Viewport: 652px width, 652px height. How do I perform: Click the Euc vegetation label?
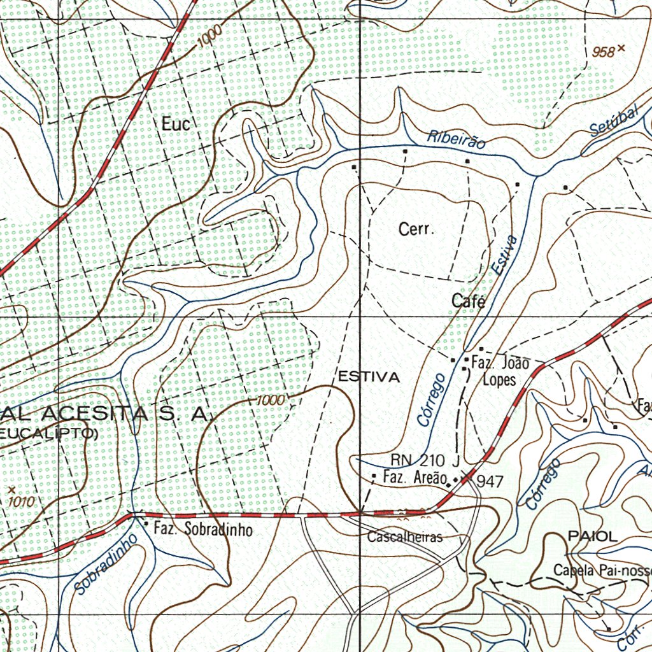click(176, 124)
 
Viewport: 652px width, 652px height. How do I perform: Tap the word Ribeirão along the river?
click(456, 139)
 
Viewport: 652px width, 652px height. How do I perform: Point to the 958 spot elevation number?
click(603, 52)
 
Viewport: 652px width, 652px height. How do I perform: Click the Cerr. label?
click(416, 229)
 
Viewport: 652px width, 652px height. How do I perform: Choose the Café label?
click(469, 301)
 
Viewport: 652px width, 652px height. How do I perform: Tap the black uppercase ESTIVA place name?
click(369, 377)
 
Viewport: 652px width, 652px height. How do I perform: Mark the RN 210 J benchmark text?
click(425, 460)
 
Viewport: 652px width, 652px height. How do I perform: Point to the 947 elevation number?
click(490, 481)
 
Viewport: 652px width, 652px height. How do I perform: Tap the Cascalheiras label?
click(405, 537)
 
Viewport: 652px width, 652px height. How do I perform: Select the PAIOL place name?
click(593, 536)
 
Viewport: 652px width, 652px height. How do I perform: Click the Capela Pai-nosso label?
click(602, 570)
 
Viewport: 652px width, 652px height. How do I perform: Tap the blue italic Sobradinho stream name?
click(106, 564)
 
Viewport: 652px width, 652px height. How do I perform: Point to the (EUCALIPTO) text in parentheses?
click(48, 434)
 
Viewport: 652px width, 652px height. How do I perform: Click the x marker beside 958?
click(621, 48)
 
